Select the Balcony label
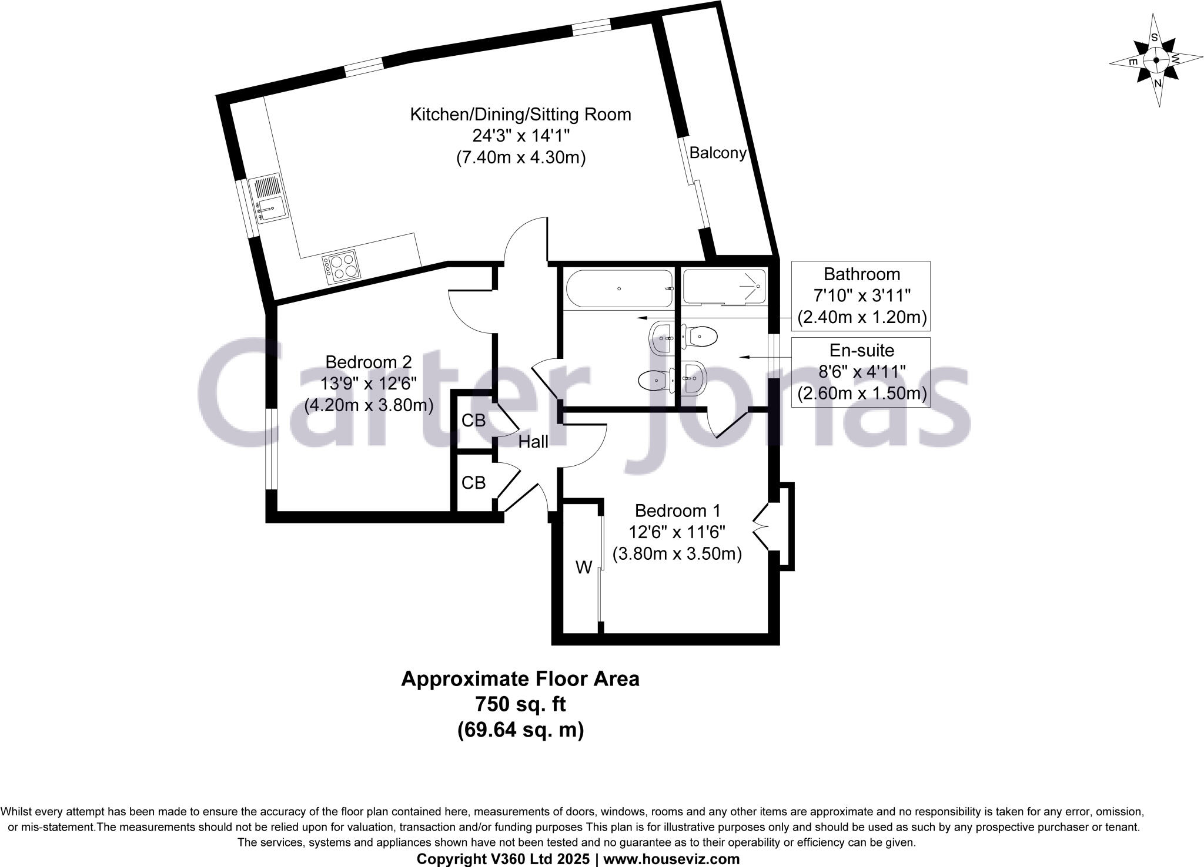(718, 153)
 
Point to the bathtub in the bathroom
(619, 288)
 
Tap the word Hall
(533, 442)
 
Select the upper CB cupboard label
(473, 421)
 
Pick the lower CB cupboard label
(473, 482)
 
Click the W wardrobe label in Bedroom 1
(583, 567)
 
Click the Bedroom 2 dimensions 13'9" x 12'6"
(369, 384)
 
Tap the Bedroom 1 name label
(677, 510)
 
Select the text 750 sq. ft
(520, 704)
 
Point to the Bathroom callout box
(861, 295)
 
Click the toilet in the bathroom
(654, 381)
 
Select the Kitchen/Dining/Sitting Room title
(520, 114)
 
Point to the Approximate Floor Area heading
(520, 679)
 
